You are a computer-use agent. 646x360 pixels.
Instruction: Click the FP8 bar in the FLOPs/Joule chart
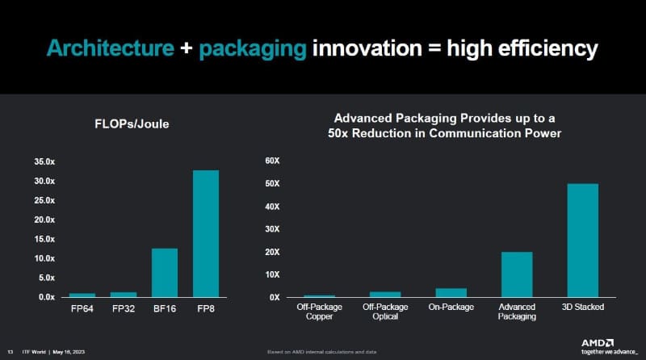[205, 233]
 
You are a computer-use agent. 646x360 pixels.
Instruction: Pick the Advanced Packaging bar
[517, 274]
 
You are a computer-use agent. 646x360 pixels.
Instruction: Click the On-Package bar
[451, 292]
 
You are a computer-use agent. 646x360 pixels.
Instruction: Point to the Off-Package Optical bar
[384, 295]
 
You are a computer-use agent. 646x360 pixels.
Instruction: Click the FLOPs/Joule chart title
[144, 123]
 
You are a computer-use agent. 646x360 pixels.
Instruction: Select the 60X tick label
[272, 161]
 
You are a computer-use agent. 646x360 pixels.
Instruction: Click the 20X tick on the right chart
[272, 252]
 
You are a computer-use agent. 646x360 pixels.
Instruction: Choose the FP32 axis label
[123, 308]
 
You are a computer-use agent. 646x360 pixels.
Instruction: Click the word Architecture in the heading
[111, 48]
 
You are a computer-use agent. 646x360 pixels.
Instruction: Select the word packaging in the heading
[253, 48]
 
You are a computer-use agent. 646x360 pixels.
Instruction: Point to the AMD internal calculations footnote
[323, 354]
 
